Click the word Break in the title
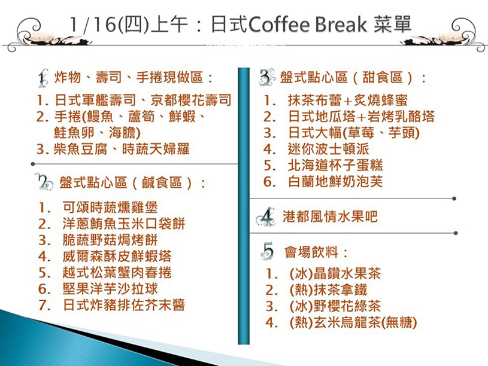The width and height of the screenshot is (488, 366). tap(341, 25)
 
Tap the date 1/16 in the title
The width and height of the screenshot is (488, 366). tap(92, 25)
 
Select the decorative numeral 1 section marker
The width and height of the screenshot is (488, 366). tap(43, 78)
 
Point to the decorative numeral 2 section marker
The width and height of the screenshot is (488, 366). tap(44, 182)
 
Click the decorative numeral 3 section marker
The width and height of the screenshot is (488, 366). tap(267, 77)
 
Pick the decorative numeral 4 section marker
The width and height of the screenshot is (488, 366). tap(266, 216)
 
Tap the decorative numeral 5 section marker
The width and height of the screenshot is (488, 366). tap(268, 251)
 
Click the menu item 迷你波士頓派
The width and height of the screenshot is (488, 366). tap(328, 149)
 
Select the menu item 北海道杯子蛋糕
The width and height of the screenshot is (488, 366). tap(335, 165)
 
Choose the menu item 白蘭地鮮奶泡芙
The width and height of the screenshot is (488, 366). tap(335, 181)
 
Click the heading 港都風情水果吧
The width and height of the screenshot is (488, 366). tap(330, 216)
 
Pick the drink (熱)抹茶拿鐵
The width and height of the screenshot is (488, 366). tap(328, 290)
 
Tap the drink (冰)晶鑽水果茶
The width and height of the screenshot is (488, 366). tap(335, 274)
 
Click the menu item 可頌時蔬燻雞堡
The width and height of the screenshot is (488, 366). tap(110, 207)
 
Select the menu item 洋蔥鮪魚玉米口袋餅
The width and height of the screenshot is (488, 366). tap(124, 224)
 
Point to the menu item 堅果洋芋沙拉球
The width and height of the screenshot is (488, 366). tap(110, 289)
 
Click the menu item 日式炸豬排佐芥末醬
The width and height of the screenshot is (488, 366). tap(124, 305)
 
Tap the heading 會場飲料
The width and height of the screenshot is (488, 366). tap(311, 252)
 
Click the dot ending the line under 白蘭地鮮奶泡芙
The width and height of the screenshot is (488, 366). tap(454, 199)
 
